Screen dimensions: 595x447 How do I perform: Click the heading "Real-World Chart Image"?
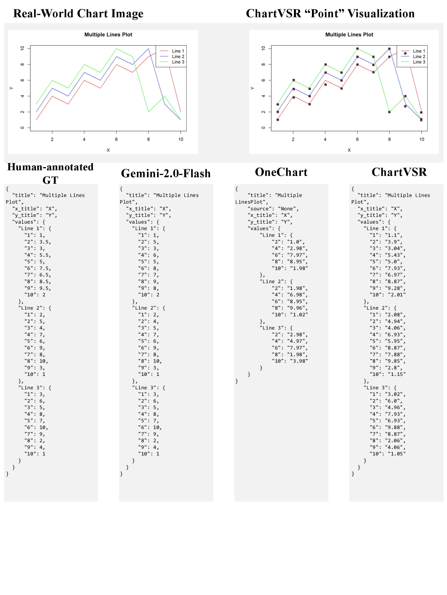[x=78, y=13]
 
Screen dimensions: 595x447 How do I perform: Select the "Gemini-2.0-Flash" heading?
[x=166, y=173]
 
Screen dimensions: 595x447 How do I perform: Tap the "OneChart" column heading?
[x=281, y=172]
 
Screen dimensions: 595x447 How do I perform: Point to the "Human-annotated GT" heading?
[x=50, y=173]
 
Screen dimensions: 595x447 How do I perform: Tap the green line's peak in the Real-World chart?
[x=117, y=48]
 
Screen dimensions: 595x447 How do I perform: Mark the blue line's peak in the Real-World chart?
[x=149, y=48]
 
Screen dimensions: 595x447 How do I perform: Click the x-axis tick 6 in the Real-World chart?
[x=116, y=139]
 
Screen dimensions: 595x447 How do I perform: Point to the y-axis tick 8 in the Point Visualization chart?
[x=263, y=65]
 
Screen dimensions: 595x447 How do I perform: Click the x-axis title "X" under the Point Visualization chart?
[x=349, y=150]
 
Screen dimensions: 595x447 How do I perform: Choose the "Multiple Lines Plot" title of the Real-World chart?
[x=108, y=34]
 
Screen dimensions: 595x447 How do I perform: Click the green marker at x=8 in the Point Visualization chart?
[x=390, y=112]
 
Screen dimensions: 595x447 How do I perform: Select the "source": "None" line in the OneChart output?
[x=273, y=209]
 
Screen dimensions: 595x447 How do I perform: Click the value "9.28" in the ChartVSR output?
[x=394, y=288]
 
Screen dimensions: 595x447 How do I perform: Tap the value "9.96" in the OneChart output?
[x=297, y=308]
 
